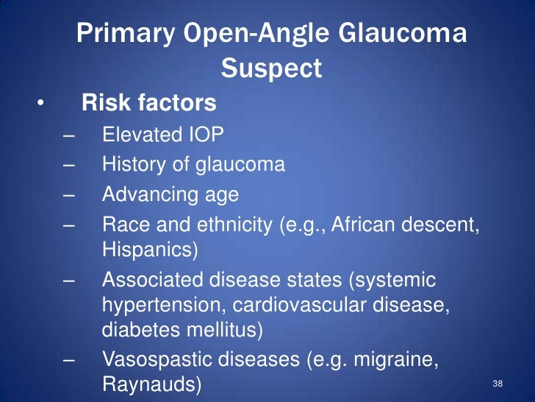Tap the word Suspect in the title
pos(271,68)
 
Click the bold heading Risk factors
pos(149,103)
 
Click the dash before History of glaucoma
pos(70,165)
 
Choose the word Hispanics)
pos(149,250)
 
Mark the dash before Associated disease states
pos(70,281)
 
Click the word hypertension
pos(162,306)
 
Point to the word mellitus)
pos(227,329)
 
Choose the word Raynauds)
pos(149,384)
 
